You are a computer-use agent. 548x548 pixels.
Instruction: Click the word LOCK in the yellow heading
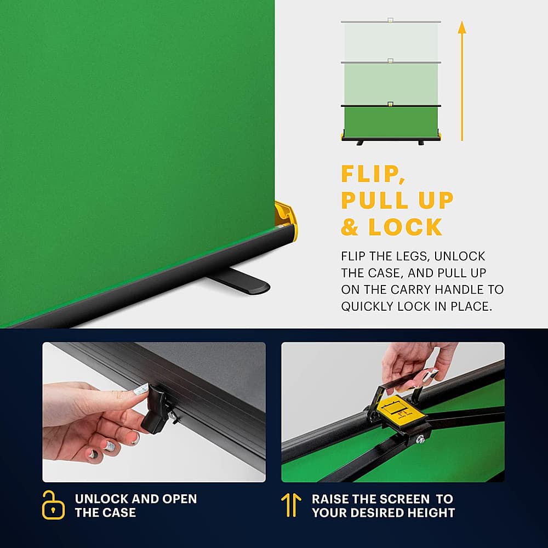(x=405, y=227)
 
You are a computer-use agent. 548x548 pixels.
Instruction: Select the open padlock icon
(x=53, y=505)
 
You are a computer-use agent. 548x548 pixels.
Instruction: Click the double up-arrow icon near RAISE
(x=291, y=505)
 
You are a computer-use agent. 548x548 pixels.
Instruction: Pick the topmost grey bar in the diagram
(x=390, y=21)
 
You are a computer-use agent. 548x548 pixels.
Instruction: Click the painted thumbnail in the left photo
(x=141, y=389)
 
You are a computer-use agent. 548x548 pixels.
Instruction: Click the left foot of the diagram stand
(x=361, y=143)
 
